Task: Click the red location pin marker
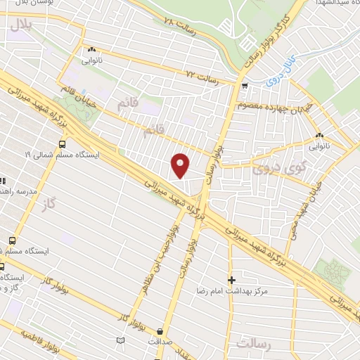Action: [x=181, y=165]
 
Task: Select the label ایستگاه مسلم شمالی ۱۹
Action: [x=63, y=154]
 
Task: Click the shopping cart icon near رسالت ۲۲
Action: [x=244, y=86]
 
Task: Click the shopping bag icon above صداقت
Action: [x=161, y=330]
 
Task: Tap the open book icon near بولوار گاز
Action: [x=120, y=340]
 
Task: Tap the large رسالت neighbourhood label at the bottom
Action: [x=254, y=345]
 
